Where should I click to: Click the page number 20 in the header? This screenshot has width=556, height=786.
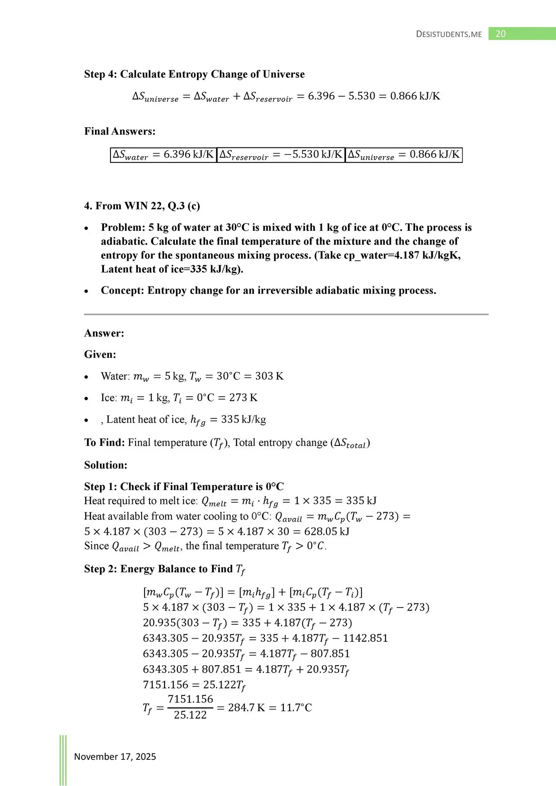point(500,34)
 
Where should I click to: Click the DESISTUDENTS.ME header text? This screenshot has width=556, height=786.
point(449,34)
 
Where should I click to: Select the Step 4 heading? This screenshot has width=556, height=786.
point(194,74)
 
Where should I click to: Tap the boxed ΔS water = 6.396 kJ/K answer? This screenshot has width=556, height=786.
point(163,155)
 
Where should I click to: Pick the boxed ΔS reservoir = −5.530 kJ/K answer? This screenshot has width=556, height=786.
point(280,155)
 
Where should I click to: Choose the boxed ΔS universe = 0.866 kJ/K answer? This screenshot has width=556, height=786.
point(404,155)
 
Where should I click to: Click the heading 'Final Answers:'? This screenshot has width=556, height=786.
point(120,131)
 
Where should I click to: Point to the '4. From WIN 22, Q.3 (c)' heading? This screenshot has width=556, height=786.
point(142,206)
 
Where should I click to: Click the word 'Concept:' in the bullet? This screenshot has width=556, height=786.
point(122,290)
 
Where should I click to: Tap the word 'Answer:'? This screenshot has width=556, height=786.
point(104,333)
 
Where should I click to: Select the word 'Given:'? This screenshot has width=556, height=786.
point(100,354)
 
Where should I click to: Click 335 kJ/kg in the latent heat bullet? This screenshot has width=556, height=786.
point(243,419)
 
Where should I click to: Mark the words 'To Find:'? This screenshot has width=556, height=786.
point(104,443)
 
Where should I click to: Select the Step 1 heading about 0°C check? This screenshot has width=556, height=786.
point(184,486)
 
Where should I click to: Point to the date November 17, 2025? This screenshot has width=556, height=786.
point(115,757)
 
